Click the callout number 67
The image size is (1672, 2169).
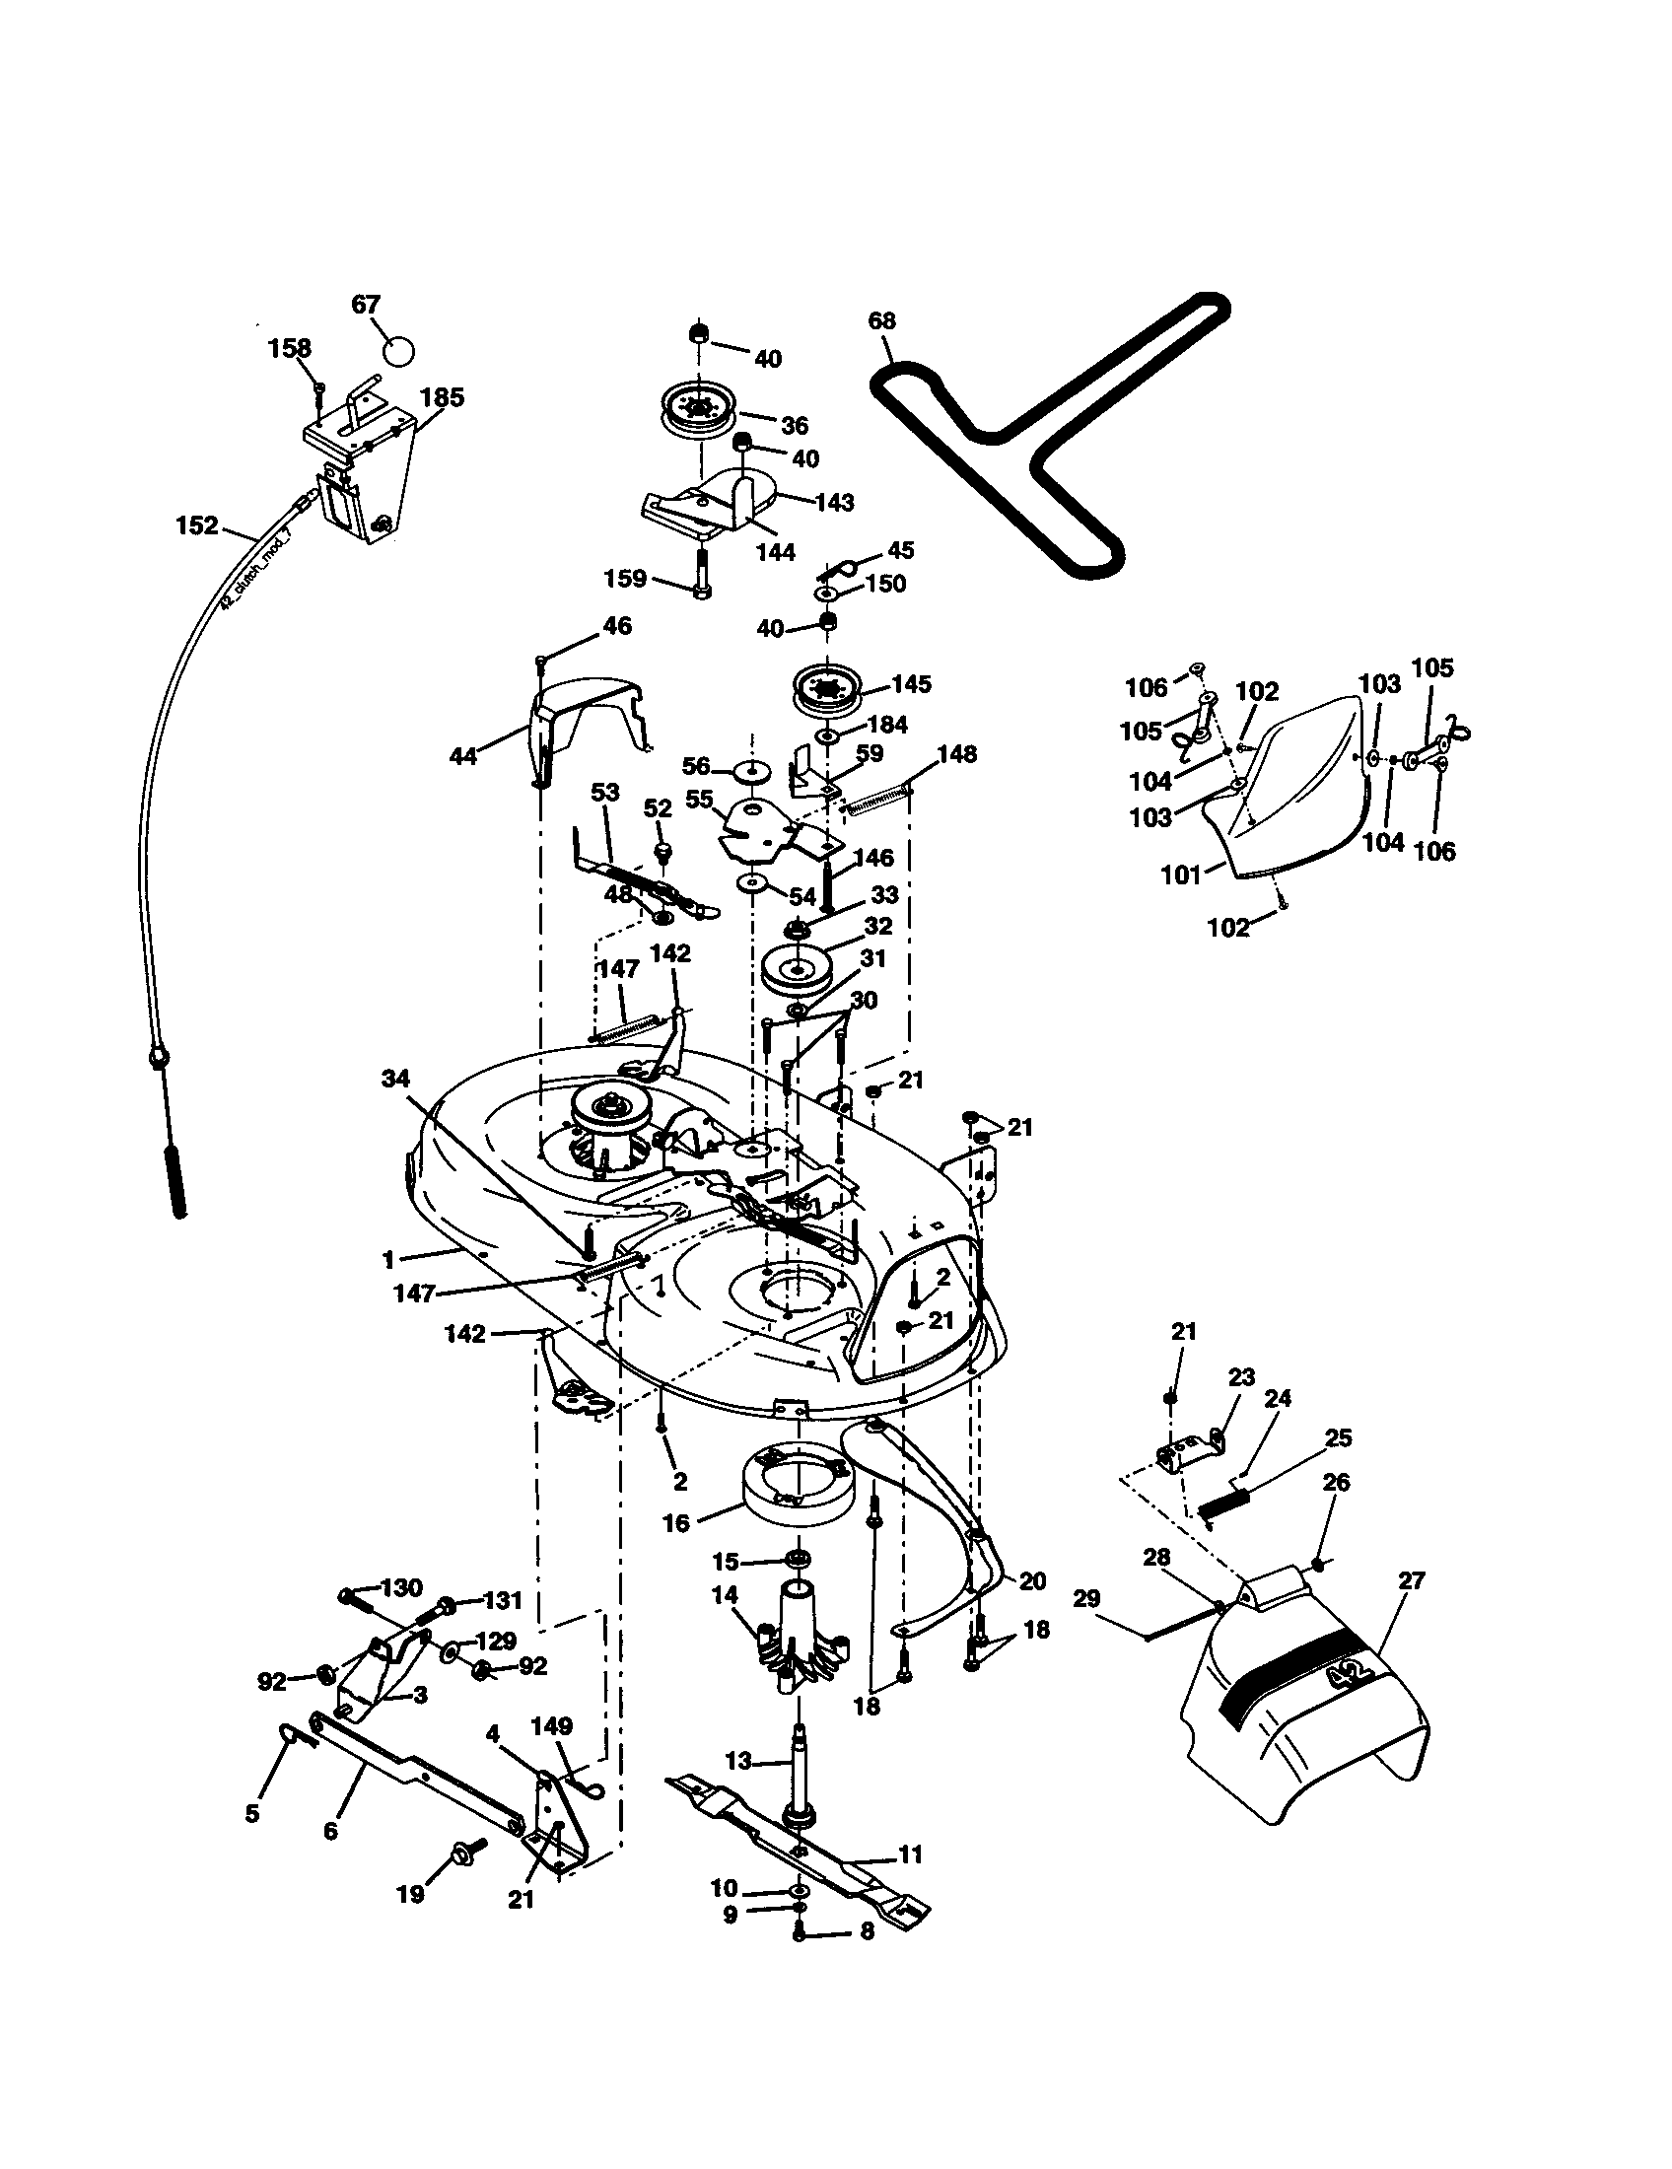(x=367, y=305)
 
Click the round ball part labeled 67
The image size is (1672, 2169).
(x=398, y=351)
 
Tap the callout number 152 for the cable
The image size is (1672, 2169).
(x=196, y=525)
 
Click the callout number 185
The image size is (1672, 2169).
(x=442, y=397)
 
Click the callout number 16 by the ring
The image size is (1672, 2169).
(x=675, y=1523)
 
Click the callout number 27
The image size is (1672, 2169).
(x=1410, y=1581)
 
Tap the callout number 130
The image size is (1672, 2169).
(x=401, y=1588)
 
